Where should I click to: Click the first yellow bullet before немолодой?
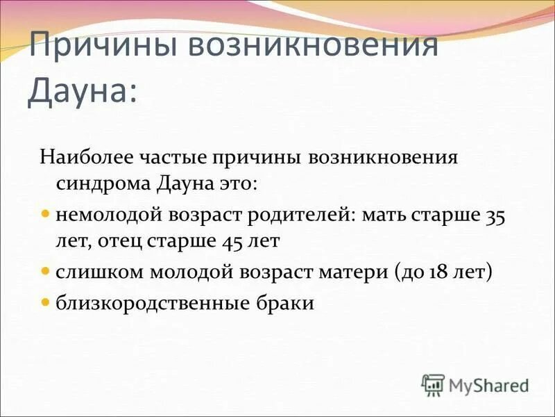46,214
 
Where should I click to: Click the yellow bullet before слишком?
46,272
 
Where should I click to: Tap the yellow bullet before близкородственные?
46,302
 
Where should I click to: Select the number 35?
495,215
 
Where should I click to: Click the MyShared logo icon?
434,384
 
